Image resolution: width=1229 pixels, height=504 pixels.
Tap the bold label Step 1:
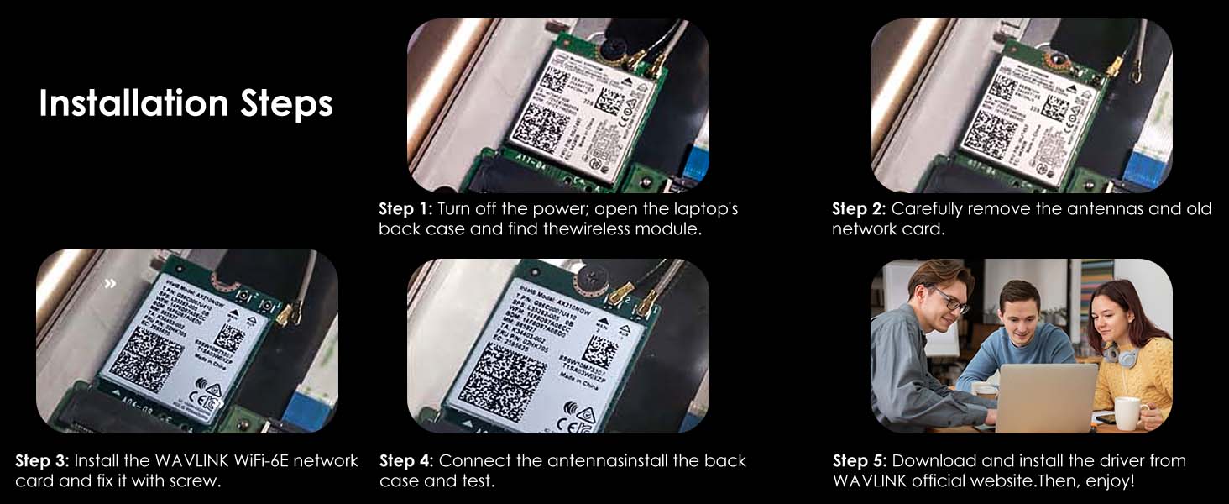click(x=405, y=208)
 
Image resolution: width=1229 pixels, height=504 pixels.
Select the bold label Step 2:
click(x=859, y=208)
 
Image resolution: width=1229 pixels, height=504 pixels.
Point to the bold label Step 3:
click(x=43, y=461)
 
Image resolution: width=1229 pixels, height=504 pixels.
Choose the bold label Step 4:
click(x=407, y=461)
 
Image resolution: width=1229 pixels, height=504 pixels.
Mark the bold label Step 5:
click(x=860, y=461)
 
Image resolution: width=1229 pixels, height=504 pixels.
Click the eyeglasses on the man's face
click(x=951, y=299)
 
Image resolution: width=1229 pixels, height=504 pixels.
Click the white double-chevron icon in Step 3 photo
click(x=110, y=283)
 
